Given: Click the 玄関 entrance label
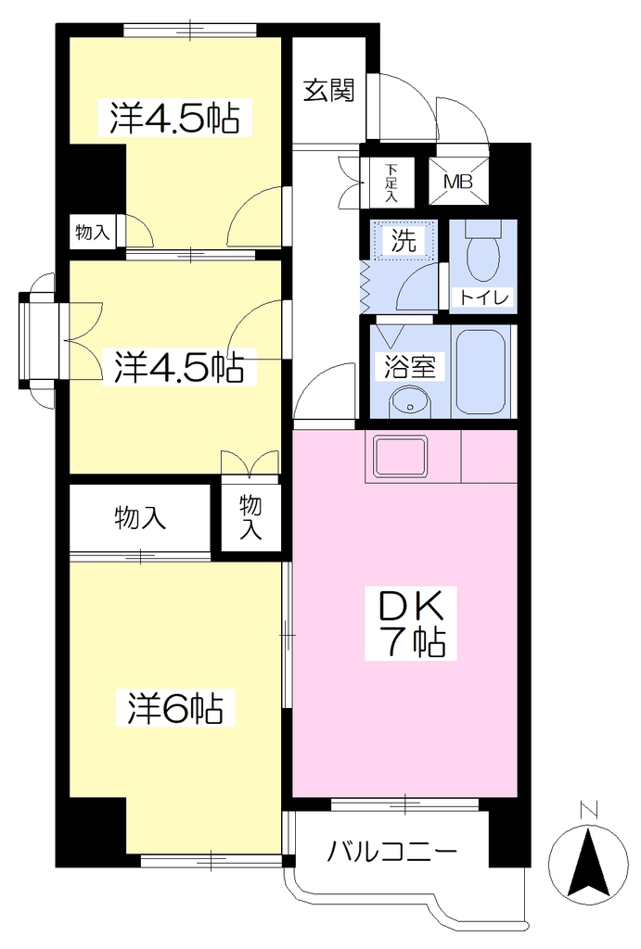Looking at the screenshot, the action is pos(328,91).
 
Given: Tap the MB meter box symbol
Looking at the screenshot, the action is pos(458,181).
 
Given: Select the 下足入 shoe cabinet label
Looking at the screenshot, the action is pos(391,182).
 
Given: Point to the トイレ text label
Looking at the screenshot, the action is pos(483,297).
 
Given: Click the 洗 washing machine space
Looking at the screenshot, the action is pos(404,241).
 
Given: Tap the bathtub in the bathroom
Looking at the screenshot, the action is pos(481,372).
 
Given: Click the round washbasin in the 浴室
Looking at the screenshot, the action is pos(410,401).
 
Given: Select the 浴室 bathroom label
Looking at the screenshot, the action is pos(410,365).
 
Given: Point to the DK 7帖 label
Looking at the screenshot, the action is pos(411,624).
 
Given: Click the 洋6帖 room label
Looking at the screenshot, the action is pos(175,708).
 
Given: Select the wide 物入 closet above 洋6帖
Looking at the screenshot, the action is pos(140,518).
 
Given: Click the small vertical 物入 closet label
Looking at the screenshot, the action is pos(250,516).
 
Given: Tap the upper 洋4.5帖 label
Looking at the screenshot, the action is pos(173,119).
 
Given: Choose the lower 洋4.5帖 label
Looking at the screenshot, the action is pos(179,367).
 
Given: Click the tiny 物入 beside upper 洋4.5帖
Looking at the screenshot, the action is pos(92,231).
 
